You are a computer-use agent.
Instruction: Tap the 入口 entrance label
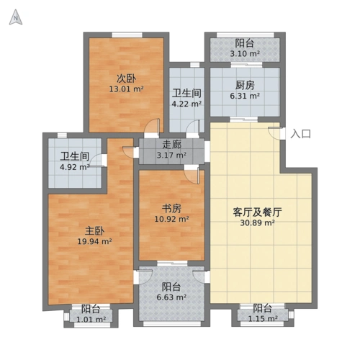[x=301, y=134]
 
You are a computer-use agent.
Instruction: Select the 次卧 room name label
[x=127, y=78]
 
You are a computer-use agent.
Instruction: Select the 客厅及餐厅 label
[x=257, y=212]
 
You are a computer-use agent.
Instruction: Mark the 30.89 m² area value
[x=257, y=223]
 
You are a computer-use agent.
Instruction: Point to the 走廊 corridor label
[x=171, y=143]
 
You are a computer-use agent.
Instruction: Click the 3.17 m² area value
[x=171, y=153]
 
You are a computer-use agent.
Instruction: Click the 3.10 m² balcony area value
[x=244, y=53]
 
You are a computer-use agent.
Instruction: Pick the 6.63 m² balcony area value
[x=171, y=297]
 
